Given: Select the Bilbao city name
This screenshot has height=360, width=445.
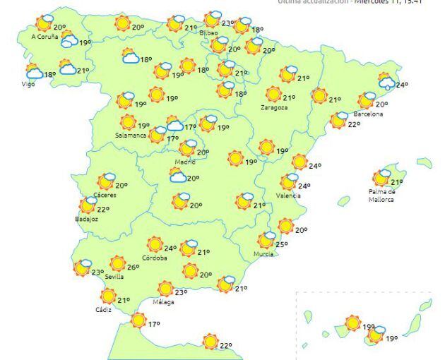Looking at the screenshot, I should [x=208, y=32].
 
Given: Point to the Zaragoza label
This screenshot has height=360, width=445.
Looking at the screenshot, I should [x=273, y=107].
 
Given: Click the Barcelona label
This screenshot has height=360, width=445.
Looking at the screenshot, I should [x=368, y=114].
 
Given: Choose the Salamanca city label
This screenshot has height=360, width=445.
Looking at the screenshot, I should [x=131, y=135].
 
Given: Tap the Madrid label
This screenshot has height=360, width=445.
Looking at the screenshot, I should [x=184, y=162].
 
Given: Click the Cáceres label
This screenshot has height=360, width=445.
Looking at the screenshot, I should [x=105, y=195].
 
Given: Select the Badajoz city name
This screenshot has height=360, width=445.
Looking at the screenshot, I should [x=85, y=219].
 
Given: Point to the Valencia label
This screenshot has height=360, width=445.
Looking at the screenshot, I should [x=289, y=195].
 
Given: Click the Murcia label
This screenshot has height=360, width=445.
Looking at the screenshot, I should [x=262, y=253].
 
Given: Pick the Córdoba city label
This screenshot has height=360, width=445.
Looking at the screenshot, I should [x=155, y=258].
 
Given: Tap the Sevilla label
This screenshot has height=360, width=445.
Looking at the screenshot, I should [x=114, y=277].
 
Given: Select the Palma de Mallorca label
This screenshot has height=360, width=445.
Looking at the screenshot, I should [x=382, y=195].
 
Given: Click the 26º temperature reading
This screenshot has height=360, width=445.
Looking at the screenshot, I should [x=133, y=268].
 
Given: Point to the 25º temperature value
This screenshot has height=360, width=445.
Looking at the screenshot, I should [x=281, y=245].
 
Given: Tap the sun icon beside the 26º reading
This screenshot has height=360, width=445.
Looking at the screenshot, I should [x=117, y=263].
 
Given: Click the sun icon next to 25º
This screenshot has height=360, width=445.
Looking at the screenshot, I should [x=266, y=240].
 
